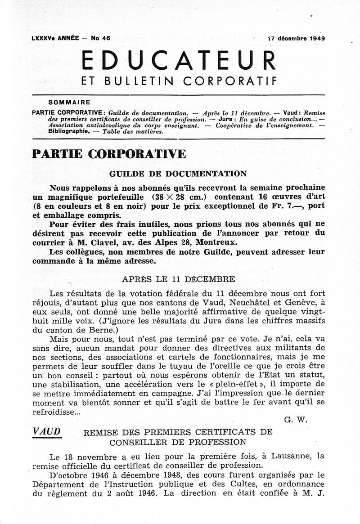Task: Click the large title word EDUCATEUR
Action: (x=179, y=60)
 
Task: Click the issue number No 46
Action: (x=100, y=39)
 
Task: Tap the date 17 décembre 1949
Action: (x=296, y=39)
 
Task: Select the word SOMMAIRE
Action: (x=69, y=103)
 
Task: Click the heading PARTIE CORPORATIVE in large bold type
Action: (x=108, y=154)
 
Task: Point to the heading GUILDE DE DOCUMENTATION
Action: (x=178, y=174)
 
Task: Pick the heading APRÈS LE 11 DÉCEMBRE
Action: (x=178, y=279)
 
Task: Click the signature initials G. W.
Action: (x=296, y=420)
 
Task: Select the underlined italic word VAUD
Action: (x=46, y=431)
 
